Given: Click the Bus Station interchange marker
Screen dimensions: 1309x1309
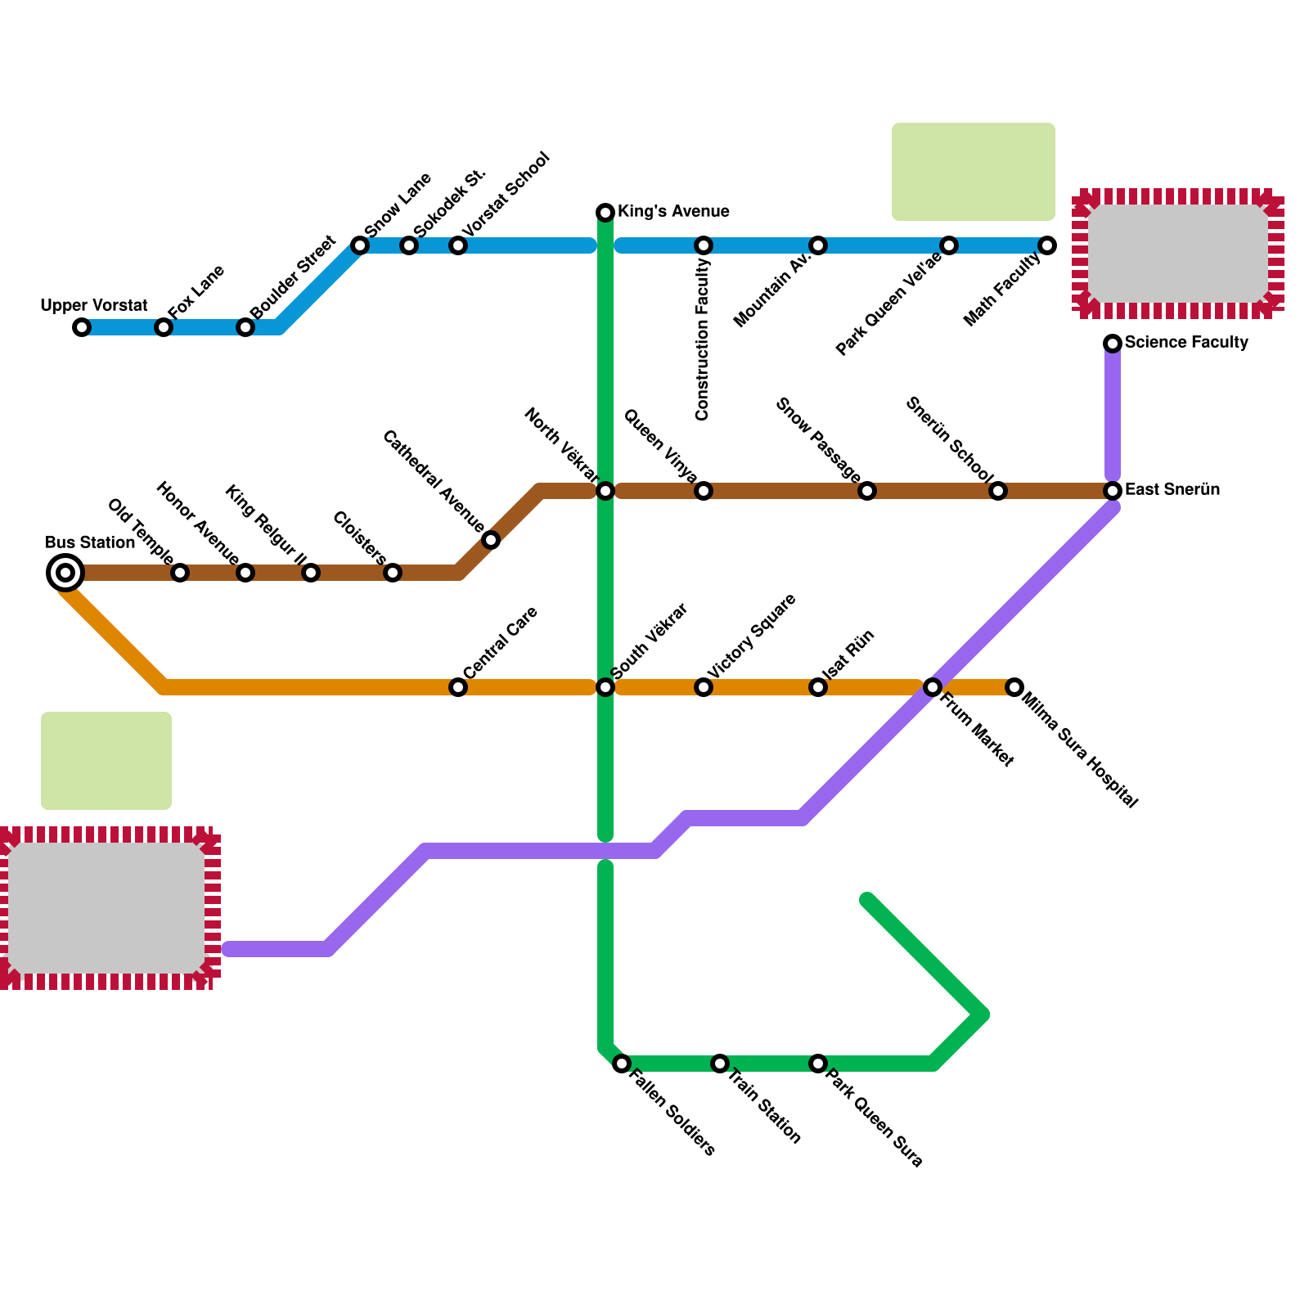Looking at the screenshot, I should pyautogui.click(x=65, y=573).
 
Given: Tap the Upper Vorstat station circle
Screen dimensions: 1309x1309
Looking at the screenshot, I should pyautogui.click(x=82, y=327).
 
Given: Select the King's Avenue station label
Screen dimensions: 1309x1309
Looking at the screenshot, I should pyautogui.click(x=673, y=212).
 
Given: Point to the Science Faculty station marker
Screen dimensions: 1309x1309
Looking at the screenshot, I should pyautogui.click(x=1113, y=344).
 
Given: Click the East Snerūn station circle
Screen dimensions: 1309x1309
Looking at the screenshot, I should pyautogui.click(x=1113, y=491).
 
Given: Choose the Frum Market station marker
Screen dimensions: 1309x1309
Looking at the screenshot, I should pyautogui.click(x=933, y=687).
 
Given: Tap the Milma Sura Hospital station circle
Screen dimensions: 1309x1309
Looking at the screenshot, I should pyautogui.click(x=1014, y=687).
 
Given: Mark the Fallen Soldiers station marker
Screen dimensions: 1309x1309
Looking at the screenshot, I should pyautogui.click(x=622, y=1064).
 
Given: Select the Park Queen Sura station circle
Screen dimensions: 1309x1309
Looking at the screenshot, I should pyautogui.click(x=818, y=1064).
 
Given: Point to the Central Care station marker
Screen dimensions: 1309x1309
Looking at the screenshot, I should pyautogui.click(x=458, y=687).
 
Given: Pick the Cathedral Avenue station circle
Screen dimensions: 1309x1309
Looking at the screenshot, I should pyautogui.click(x=491, y=540).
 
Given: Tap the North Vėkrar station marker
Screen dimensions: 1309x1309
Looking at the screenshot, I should pyautogui.click(x=605, y=491).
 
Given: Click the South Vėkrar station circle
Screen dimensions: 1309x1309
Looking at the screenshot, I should pyautogui.click(x=605, y=687).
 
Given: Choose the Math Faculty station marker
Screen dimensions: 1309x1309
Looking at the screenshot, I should pyautogui.click(x=1047, y=245).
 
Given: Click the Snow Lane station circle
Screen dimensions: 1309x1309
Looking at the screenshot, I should pyautogui.click(x=360, y=245).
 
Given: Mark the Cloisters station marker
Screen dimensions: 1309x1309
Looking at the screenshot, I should pyautogui.click(x=393, y=573).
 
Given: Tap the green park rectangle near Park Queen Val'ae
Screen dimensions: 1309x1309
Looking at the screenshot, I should pyautogui.click(x=973, y=172).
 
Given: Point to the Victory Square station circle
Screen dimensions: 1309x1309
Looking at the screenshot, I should pyautogui.click(x=704, y=687).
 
